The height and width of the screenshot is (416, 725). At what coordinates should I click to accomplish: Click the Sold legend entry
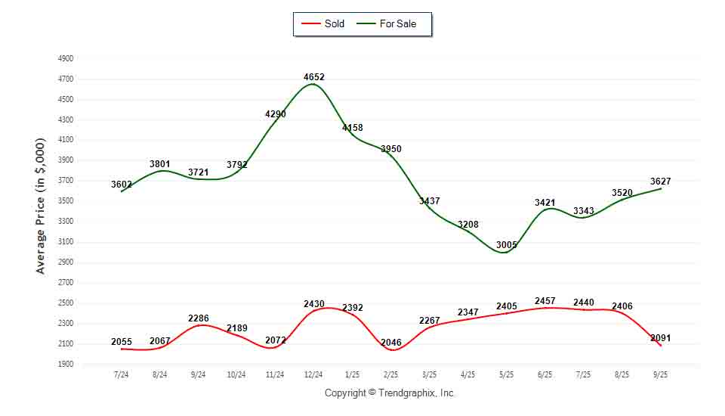323,23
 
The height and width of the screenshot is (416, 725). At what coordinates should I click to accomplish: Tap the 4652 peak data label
314,77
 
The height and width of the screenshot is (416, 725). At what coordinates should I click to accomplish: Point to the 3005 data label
506,245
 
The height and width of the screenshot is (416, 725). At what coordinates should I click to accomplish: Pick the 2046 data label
391,343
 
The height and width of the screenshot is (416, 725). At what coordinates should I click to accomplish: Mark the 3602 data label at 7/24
122,185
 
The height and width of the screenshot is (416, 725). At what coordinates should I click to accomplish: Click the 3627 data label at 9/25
660,182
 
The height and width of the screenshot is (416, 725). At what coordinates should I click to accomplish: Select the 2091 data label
659,338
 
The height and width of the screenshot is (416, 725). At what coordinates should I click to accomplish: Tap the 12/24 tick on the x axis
313,374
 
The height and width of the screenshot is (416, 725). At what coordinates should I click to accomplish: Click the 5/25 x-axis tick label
506,374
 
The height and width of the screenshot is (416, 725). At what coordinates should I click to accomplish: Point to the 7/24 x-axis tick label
121,374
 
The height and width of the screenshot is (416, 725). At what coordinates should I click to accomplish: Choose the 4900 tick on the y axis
65,58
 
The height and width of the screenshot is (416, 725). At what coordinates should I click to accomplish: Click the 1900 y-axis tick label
65,365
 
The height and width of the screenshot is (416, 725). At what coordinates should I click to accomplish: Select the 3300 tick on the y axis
65,222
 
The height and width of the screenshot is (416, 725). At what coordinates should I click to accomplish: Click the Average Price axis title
41,206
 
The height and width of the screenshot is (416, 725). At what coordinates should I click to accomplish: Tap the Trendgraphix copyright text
390,393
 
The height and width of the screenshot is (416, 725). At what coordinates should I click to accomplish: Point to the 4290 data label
275,114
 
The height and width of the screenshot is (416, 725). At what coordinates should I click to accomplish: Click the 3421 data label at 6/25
545,203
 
